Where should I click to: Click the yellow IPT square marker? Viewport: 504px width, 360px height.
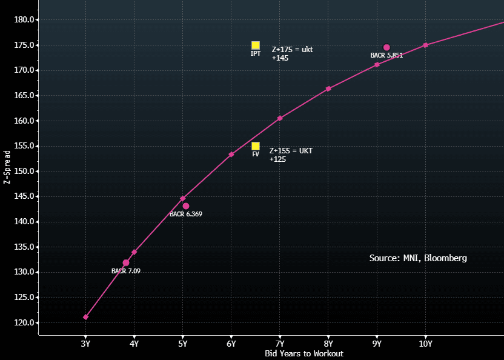pos(256,45)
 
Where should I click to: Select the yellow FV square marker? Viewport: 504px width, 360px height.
pos(256,146)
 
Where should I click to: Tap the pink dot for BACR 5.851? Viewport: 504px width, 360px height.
pos(386,47)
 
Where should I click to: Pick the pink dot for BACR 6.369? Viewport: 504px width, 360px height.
pos(186,206)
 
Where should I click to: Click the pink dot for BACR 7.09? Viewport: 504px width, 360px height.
pos(126,262)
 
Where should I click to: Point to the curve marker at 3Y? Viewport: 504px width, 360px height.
pos(85,317)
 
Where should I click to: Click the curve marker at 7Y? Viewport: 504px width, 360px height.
pos(280,118)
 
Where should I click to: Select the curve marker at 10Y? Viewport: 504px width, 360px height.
pos(425,45)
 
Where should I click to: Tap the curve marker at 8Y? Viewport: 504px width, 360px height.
pos(328,88)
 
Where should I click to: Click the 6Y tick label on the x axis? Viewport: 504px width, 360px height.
pos(231,344)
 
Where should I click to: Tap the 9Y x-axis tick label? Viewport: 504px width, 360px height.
pos(377,344)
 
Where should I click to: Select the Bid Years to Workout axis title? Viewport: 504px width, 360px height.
pos(303,353)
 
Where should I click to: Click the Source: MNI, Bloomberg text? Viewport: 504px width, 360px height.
pos(418,258)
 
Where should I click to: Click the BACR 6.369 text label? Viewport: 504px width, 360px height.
pos(185,214)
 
